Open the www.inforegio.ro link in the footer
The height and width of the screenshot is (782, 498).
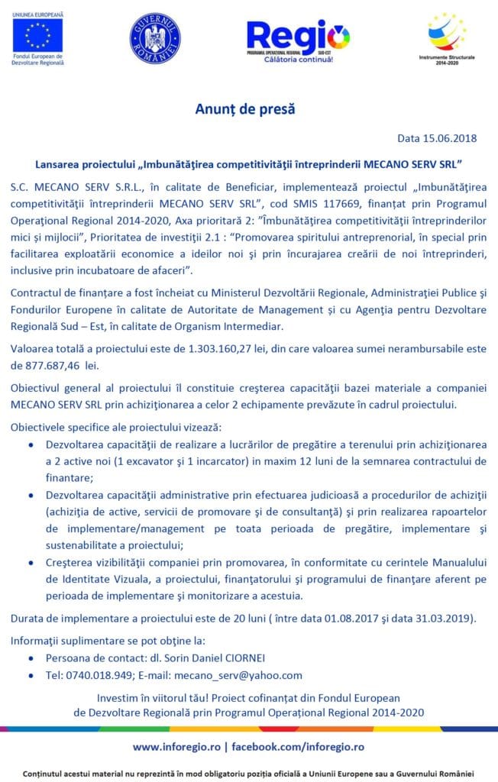pos(177,746)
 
